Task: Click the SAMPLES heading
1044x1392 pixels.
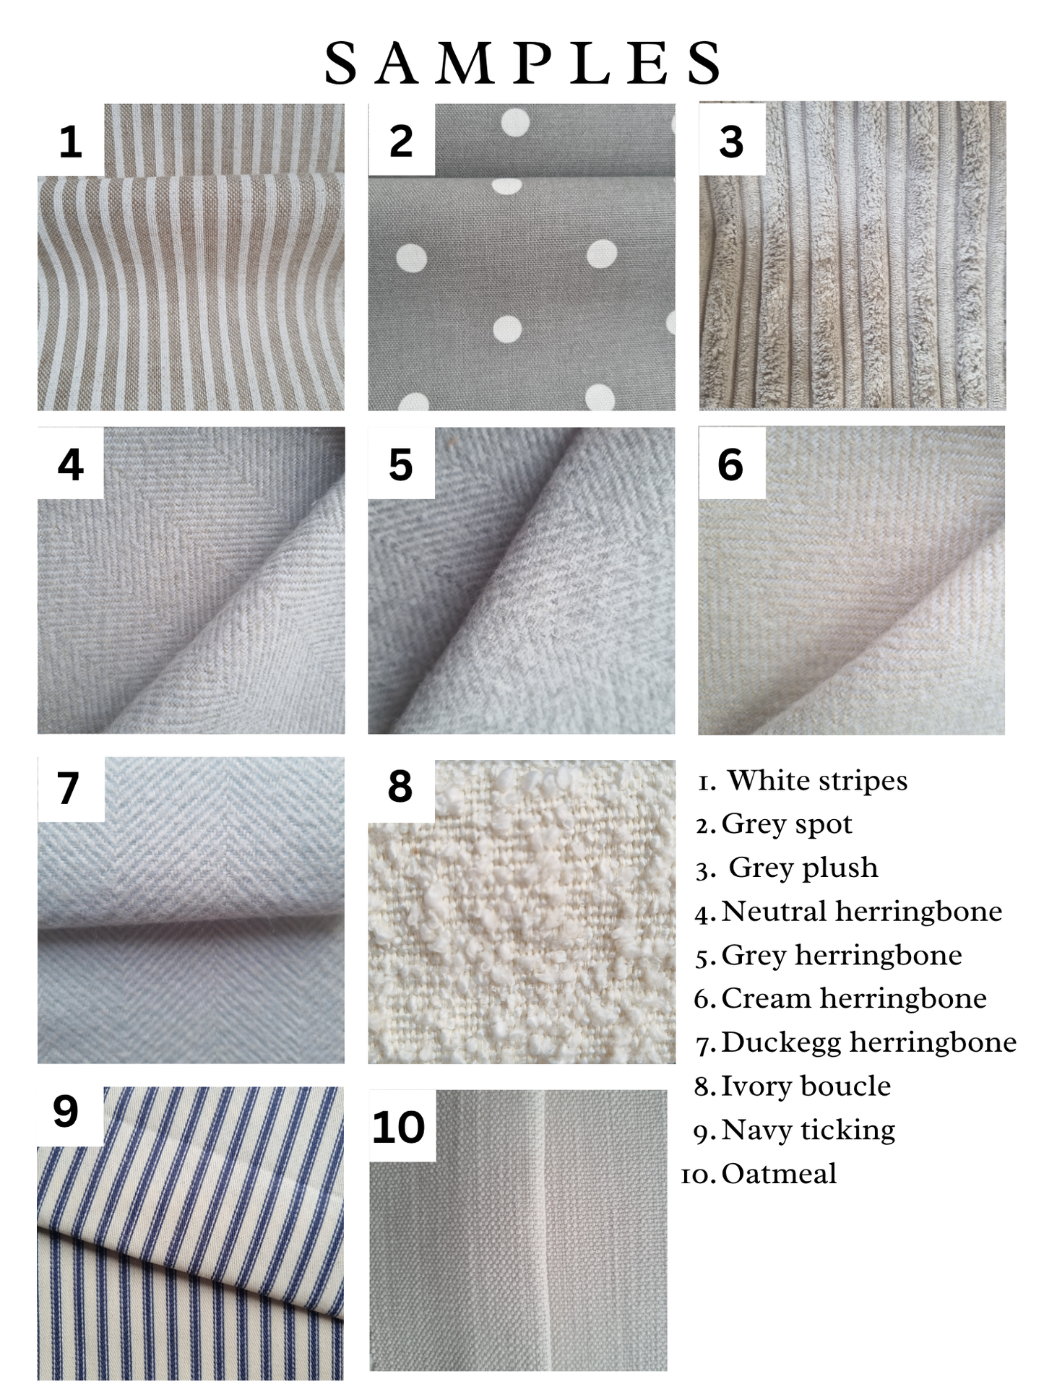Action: coord(522,63)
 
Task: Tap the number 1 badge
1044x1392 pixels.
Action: coord(70,140)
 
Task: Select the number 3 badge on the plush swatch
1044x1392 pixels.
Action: coord(732,139)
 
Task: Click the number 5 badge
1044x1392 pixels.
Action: coord(401,463)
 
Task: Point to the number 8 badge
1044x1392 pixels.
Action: coord(401,786)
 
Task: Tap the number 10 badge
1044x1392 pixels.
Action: coord(402,1125)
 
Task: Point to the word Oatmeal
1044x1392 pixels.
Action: coord(779,1174)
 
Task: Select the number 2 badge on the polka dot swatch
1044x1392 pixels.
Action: coord(401,139)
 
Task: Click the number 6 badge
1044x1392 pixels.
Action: coord(731,463)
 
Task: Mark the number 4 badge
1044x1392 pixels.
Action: coord(70,463)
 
